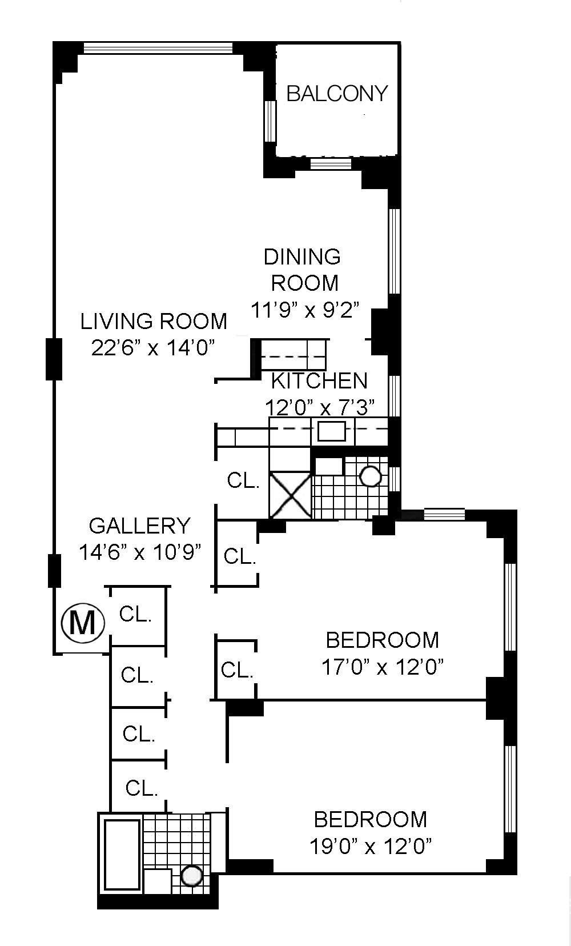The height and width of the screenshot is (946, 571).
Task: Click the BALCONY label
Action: tap(337, 93)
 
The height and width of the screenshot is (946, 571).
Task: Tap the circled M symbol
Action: tap(83, 623)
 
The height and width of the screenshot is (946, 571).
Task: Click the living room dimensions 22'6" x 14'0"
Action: tap(153, 348)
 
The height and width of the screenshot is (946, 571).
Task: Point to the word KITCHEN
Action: tap(319, 381)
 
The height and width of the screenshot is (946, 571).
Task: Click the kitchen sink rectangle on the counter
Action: tap(332, 431)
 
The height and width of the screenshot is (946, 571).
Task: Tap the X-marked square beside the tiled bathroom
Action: tap(290, 495)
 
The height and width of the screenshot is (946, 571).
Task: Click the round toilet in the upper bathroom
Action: tap(371, 476)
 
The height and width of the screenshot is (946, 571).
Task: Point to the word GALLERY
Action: tap(140, 526)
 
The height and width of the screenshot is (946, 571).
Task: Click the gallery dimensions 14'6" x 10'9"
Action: tap(140, 552)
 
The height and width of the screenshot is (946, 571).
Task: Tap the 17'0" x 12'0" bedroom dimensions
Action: tap(383, 668)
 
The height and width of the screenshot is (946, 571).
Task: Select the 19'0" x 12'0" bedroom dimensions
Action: tap(371, 847)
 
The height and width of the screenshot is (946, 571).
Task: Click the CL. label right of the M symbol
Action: tap(135, 614)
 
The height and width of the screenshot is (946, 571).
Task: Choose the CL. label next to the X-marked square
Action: tap(243, 480)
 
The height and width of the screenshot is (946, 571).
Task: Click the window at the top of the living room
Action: tap(158, 47)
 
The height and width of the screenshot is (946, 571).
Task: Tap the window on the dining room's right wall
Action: tap(394, 251)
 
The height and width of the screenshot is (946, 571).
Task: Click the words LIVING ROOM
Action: tap(154, 322)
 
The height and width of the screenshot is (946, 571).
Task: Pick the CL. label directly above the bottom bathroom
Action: tap(142, 788)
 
